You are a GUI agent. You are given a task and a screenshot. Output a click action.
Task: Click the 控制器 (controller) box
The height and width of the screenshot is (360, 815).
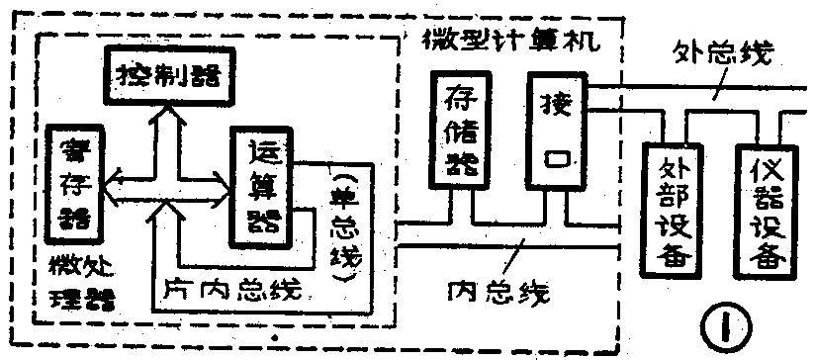(167, 74)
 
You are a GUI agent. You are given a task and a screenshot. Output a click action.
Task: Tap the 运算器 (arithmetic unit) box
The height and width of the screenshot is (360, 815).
(259, 186)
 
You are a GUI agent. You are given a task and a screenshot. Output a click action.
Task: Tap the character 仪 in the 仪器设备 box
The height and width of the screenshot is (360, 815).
(766, 165)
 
